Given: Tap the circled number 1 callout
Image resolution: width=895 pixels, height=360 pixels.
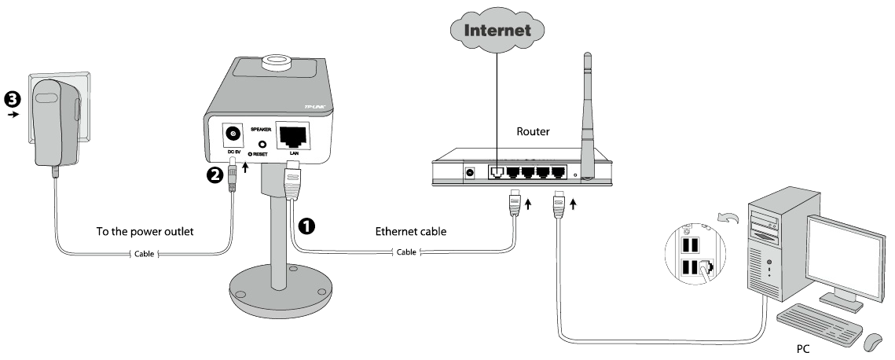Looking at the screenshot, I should pos(306,226).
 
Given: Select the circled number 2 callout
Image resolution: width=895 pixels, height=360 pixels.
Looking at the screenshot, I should pos(215,174).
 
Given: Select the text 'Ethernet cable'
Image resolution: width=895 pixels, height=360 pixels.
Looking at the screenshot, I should pos(410,232).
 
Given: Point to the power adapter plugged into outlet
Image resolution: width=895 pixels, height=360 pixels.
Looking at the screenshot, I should pos(57,122).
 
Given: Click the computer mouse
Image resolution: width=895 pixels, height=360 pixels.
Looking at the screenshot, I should pos(871,342).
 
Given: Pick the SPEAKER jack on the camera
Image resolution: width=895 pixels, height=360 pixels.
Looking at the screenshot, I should pos(261,145).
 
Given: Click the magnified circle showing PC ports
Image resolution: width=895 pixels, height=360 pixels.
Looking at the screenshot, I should pos(694,248).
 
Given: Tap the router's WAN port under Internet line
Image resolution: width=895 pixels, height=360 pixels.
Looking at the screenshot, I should pos(497,170).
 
